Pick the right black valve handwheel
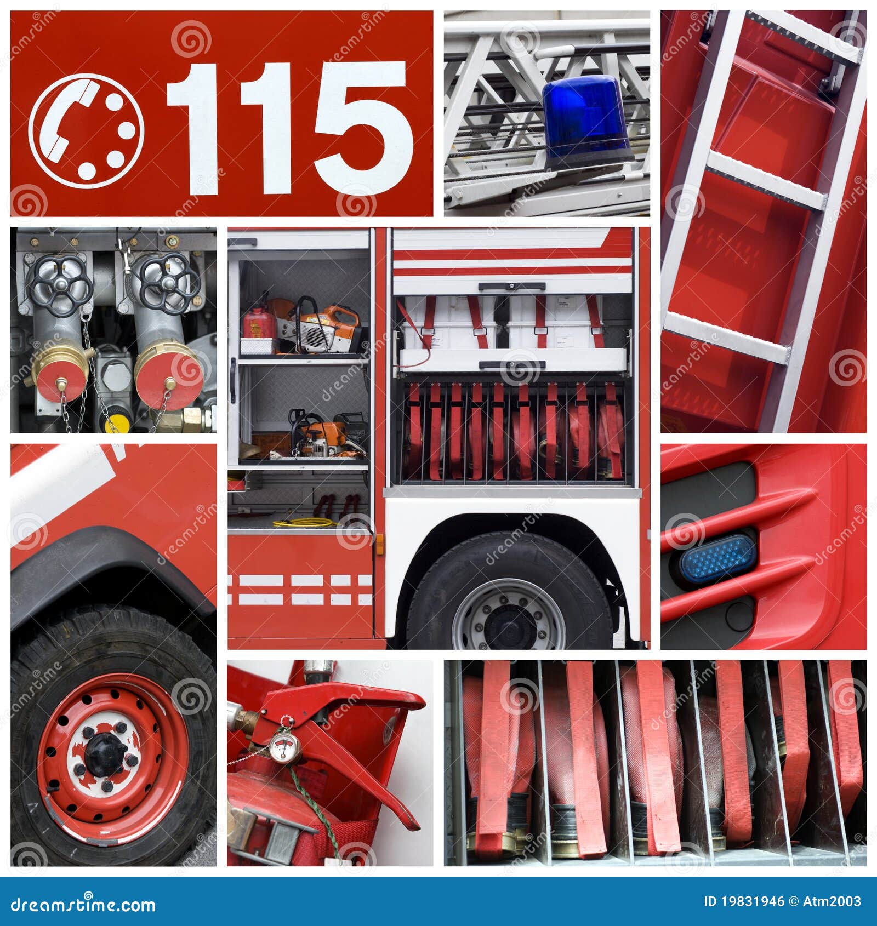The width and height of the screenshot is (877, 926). (168, 282)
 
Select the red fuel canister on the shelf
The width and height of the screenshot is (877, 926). (259, 323)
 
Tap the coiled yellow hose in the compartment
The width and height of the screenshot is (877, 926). (305, 522)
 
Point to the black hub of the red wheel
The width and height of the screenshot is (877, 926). (106, 754)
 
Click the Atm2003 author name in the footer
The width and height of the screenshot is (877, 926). (832, 901)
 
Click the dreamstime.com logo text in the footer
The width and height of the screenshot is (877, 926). (82, 904)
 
